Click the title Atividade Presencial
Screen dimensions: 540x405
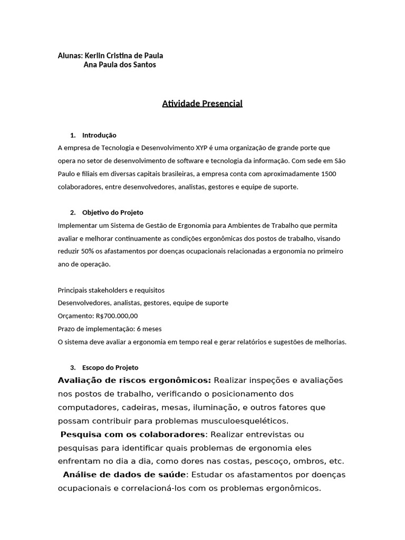(x=202, y=103)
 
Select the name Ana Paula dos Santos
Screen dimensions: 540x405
(x=120, y=65)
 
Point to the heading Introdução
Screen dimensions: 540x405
(x=99, y=135)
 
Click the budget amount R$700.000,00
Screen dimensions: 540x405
(x=117, y=316)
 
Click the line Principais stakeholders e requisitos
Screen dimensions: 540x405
(x=111, y=290)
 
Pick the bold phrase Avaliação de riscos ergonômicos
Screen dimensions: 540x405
(x=134, y=380)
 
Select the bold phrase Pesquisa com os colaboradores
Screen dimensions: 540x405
(x=132, y=434)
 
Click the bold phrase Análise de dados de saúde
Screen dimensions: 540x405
(x=124, y=475)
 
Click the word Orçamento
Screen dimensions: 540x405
(x=75, y=316)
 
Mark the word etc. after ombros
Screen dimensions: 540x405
(x=335, y=461)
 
